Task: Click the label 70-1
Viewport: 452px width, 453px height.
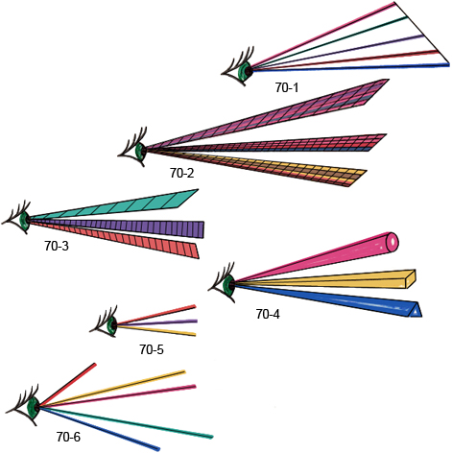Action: [287, 87]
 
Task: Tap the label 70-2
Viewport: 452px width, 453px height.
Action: [181, 173]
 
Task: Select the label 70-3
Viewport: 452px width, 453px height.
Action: [57, 246]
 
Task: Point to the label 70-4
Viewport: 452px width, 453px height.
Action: [268, 314]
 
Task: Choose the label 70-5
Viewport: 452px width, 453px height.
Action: [152, 349]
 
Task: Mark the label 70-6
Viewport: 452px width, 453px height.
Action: [68, 437]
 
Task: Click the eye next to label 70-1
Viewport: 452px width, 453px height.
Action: [238, 66]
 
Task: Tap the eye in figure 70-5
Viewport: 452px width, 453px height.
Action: [105, 322]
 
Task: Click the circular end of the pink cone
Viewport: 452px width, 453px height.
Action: [393, 242]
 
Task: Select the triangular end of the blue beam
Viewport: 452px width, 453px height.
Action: [416, 310]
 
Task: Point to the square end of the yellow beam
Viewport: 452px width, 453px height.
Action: [410, 279]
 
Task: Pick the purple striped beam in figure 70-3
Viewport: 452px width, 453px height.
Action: [117, 226]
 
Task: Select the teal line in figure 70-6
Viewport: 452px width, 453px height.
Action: [127, 422]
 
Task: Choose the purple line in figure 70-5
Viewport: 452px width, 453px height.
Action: [157, 322]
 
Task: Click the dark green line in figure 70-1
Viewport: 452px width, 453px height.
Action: [329, 42]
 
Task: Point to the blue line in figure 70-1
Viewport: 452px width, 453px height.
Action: [350, 67]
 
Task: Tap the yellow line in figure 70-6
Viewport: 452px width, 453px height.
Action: [112, 388]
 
